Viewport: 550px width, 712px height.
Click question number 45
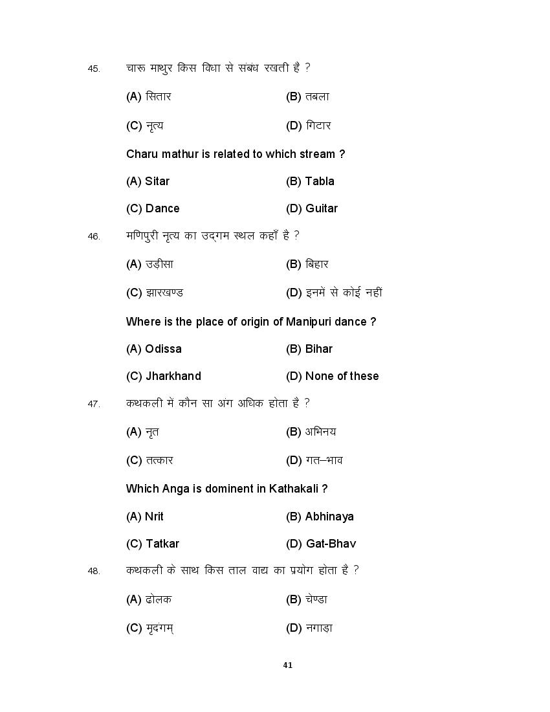pyautogui.click(x=94, y=69)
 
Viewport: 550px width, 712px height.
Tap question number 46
pyautogui.click(x=94, y=236)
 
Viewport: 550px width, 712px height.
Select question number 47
pyautogui.click(x=94, y=404)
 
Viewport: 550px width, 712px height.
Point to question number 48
pyautogui.click(x=94, y=571)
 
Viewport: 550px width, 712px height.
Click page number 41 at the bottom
pyautogui.click(x=288, y=665)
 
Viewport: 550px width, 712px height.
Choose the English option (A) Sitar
pyautogui.click(x=148, y=181)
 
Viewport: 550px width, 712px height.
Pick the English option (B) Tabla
pyautogui.click(x=310, y=181)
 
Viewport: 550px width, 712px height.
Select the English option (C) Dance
pyautogui.click(x=153, y=208)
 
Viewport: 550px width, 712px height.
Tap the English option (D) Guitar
pyautogui.click(x=312, y=208)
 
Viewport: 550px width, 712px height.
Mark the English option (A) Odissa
pyautogui.click(x=154, y=349)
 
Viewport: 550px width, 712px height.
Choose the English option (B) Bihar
pyautogui.click(x=309, y=349)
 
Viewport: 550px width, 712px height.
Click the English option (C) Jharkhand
pyautogui.click(x=164, y=376)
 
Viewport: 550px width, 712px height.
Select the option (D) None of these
pyautogui.click(x=333, y=376)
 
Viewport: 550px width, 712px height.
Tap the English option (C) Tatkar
pyautogui.click(x=153, y=544)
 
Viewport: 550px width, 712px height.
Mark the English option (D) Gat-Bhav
pyautogui.click(x=321, y=544)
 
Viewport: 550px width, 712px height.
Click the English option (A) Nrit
pyautogui.click(x=145, y=517)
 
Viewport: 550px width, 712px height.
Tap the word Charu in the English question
pyautogui.click(x=141, y=154)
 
